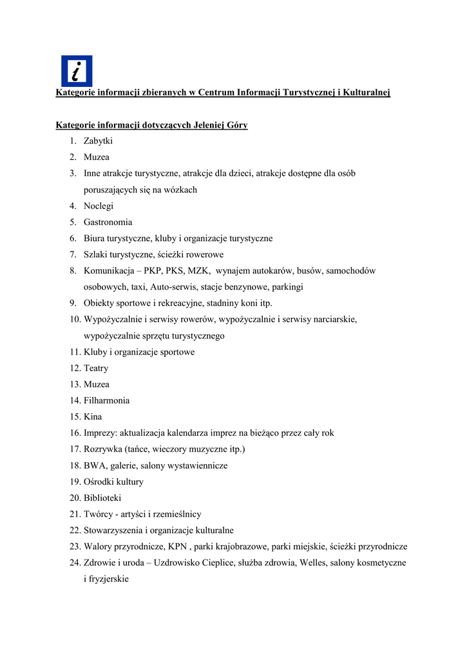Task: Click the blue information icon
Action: pos(77,71)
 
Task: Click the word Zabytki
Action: pos(99,141)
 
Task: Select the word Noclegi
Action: pos(99,206)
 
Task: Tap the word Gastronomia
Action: pos(108,222)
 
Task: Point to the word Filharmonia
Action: pos(106,401)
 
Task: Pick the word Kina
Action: pos(93,417)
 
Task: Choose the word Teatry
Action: pos(96,369)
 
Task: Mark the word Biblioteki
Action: pos(102,498)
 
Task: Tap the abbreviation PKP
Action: pos(153,271)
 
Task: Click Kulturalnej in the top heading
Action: pos(367,93)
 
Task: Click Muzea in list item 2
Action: pos(97,157)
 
